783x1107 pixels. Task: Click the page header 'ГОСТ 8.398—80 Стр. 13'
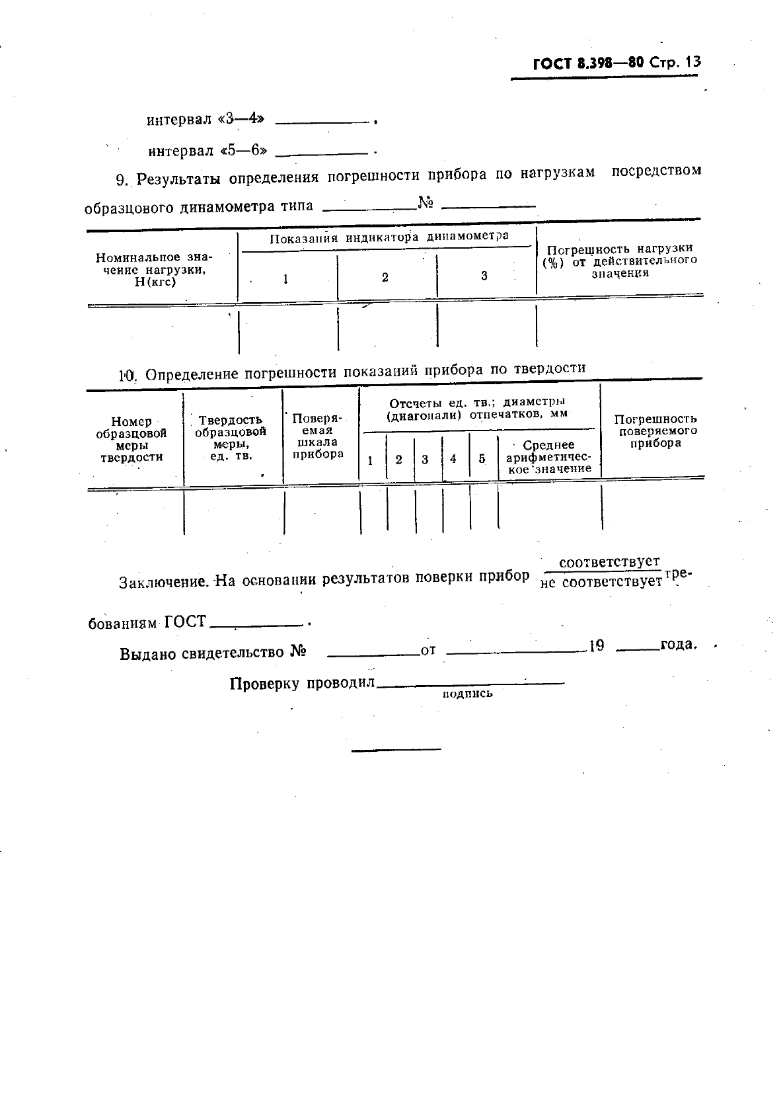[616, 63]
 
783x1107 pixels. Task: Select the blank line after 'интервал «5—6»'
[320, 154]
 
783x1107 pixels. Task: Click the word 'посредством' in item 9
[656, 171]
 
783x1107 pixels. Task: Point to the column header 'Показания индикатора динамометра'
[389, 237]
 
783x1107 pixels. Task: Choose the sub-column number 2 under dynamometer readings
[385, 278]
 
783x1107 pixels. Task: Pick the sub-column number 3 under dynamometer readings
[484, 276]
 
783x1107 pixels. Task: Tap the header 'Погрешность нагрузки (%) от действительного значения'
[620, 261]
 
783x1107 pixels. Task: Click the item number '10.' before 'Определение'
[127, 376]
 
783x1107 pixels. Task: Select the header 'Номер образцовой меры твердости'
[131, 439]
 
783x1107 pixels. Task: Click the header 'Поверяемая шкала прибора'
[317, 436]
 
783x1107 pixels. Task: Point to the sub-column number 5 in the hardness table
[482, 459]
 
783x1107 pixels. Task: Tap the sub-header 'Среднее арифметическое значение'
[548, 457]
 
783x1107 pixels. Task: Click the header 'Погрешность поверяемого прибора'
[655, 430]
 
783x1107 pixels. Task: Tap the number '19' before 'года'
[597, 646]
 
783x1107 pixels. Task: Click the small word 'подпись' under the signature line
[467, 694]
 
